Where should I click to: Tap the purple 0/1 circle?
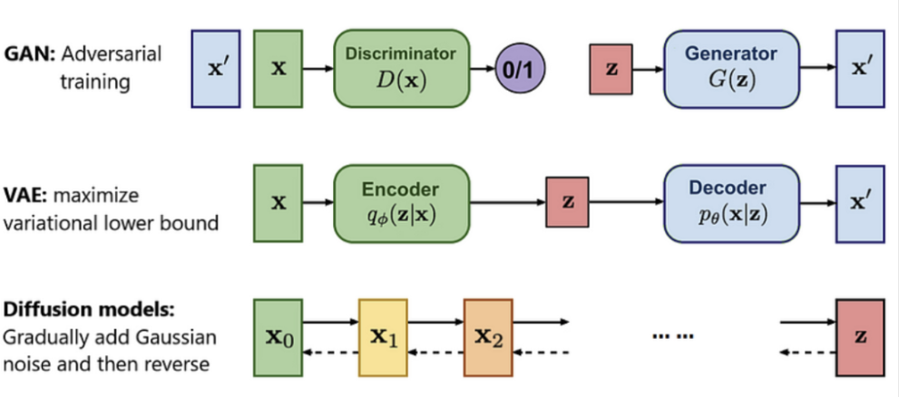coord(519,68)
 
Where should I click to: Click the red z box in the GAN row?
coord(611,68)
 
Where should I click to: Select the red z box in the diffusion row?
coord(860,336)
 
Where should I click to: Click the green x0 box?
coord(278,336)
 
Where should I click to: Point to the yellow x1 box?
coord(384,336)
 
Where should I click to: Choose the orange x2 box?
coord(487,336)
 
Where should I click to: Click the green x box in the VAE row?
coord(278,202)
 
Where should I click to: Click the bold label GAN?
coord(29,53)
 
